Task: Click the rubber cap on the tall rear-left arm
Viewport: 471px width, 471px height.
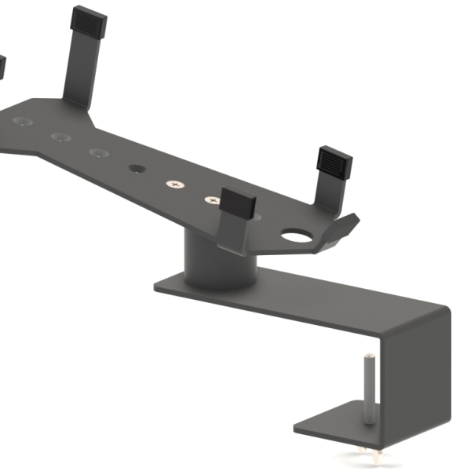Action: point(88,23)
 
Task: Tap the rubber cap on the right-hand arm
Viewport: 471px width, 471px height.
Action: point(334,162)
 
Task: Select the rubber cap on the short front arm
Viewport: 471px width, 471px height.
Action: point(239,203)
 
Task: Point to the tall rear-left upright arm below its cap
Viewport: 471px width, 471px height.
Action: point(78,71)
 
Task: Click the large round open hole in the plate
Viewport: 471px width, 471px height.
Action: point(297,235)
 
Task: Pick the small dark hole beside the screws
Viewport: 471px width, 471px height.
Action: point(137,169)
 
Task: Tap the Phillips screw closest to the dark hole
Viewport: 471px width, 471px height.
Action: point(173,184)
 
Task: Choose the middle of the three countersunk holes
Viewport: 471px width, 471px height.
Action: point(60,137)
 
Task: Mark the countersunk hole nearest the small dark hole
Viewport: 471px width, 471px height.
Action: point(98,152)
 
